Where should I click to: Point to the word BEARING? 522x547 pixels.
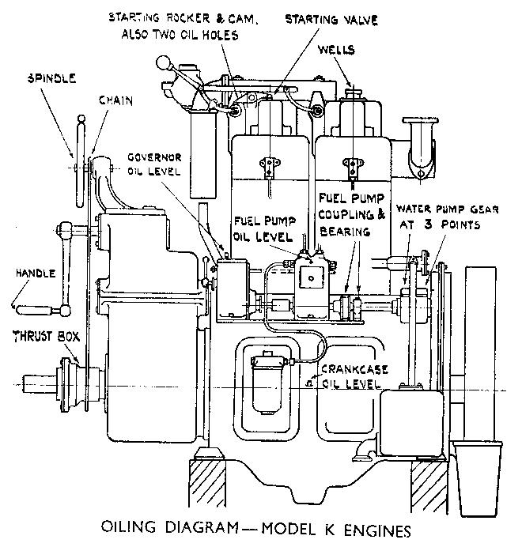pos(346,232)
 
